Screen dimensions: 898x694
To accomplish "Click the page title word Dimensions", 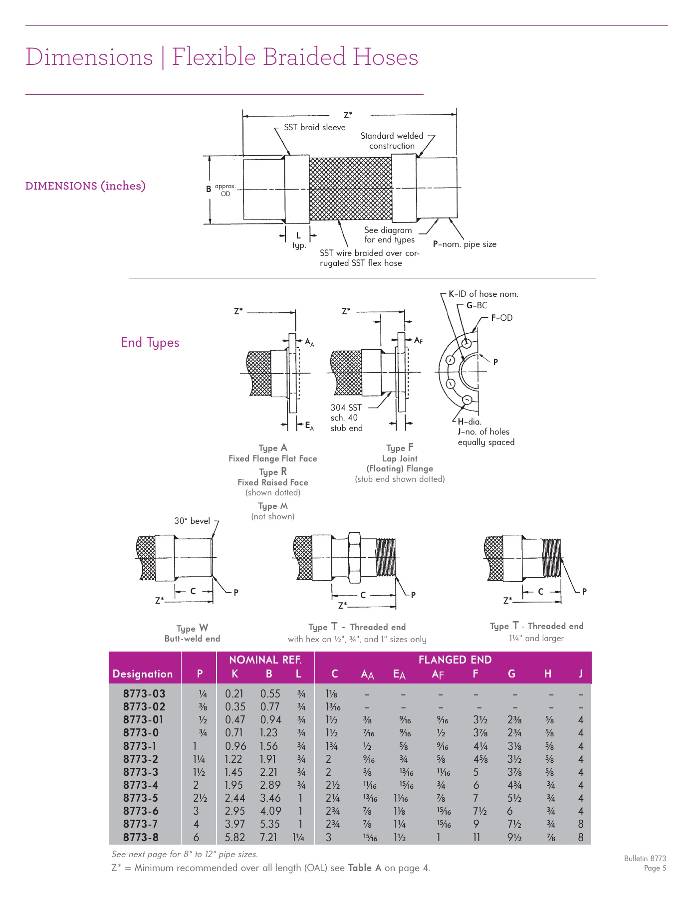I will point(89,57).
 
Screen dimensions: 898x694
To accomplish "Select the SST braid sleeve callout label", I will point(314,127).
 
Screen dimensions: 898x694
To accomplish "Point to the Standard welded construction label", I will point(392,141).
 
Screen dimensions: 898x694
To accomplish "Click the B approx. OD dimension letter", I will point(209,189).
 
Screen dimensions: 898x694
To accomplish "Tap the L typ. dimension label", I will point(298,240).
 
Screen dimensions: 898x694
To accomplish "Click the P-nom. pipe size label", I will point(464,244).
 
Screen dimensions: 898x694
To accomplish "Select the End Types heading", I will point(150,342).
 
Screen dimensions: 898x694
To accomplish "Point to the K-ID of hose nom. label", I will point(483,294).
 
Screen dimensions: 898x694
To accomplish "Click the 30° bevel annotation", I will point(192,521).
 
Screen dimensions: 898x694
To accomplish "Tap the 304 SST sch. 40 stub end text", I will point(346,418).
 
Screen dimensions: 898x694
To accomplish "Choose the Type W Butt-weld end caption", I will point(192,633).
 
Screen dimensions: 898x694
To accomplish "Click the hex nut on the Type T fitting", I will point(354,557).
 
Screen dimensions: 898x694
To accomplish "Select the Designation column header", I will point(143,673).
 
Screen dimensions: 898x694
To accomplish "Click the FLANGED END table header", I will point(455,660).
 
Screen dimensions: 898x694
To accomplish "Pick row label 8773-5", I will point(141,798).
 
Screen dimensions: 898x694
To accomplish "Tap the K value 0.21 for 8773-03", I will point(234,693).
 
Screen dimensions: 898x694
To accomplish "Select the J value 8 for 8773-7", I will point(580,824).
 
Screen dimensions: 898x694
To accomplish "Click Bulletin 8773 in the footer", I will point(645,858).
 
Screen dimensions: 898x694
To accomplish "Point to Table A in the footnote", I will point(364,868).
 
